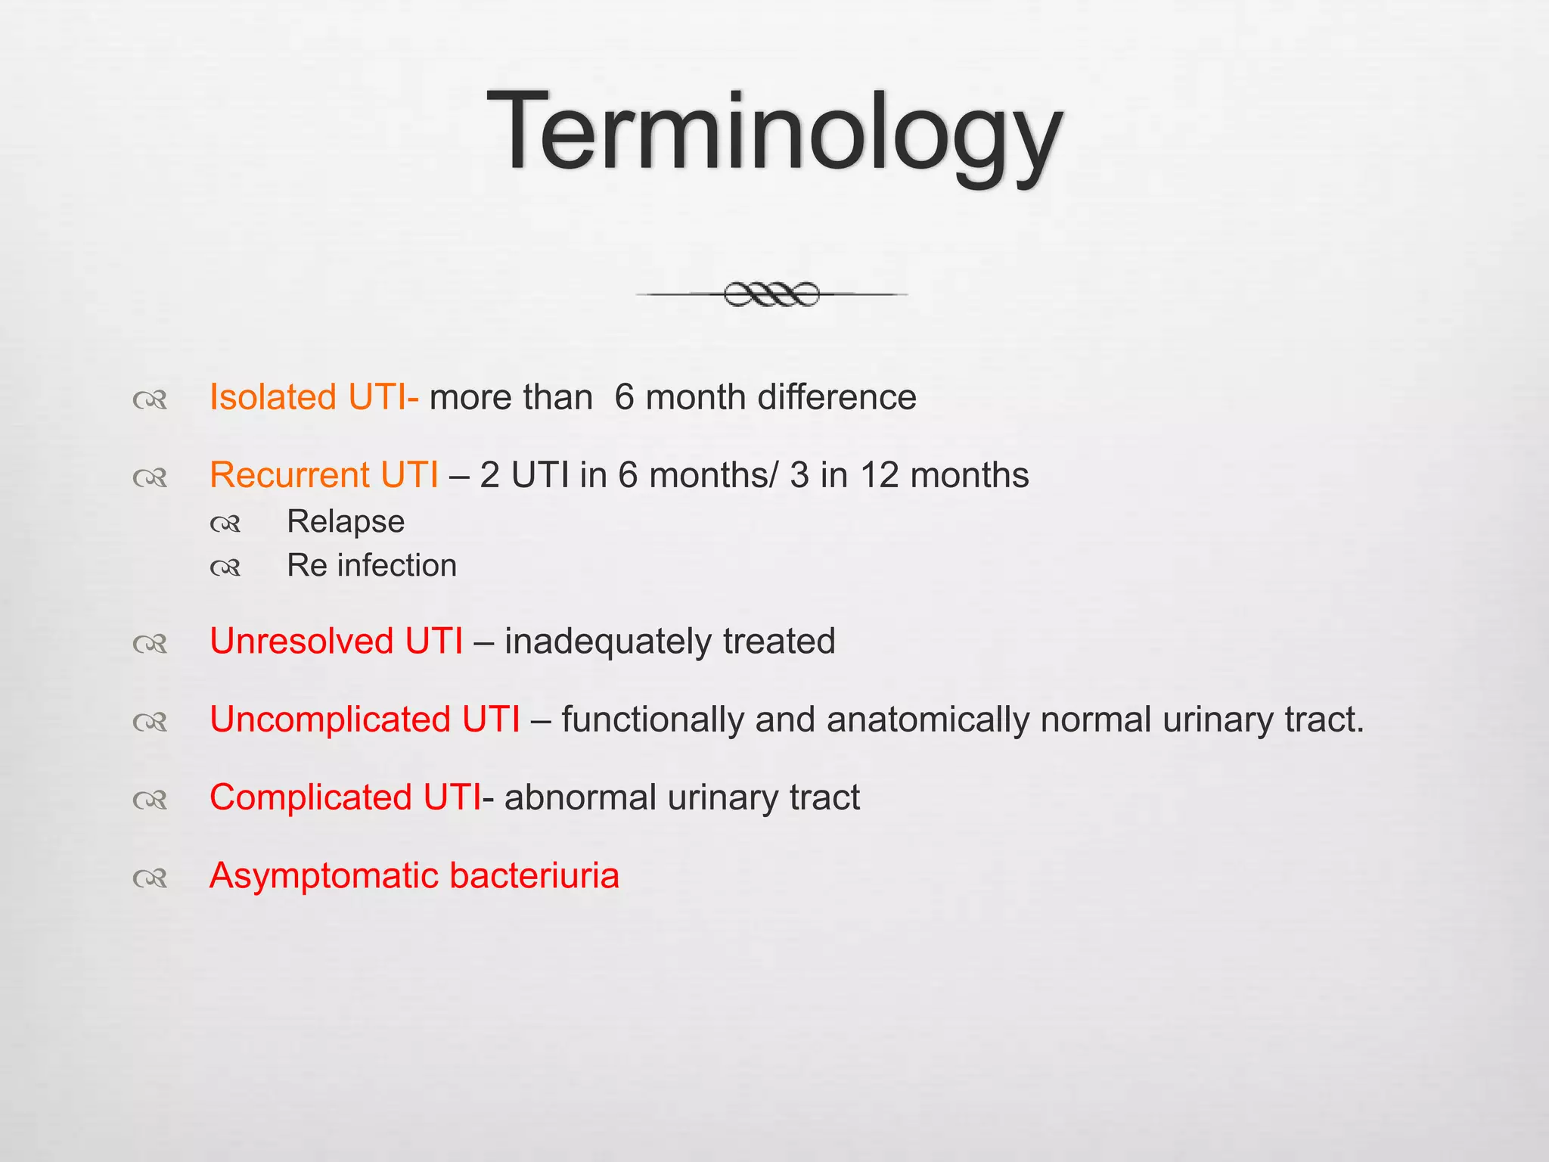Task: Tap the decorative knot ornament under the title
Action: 771,294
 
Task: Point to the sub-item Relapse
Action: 346,521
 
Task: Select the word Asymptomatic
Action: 324,876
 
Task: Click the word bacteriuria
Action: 534,875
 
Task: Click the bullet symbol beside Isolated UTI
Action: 150,399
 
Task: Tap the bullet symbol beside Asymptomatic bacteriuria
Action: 150,878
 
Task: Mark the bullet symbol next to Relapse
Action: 225,524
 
